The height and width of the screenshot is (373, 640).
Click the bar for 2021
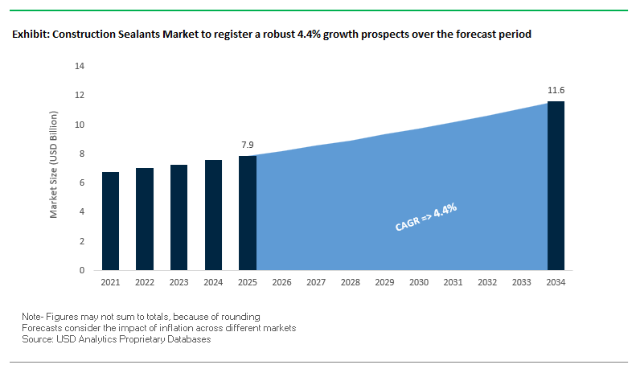110,221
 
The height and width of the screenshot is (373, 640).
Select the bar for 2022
145,219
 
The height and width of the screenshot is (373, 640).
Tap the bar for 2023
179,217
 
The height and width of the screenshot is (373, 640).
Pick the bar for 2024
213,215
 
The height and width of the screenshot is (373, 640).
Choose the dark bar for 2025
248,213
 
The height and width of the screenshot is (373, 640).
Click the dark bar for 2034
556,186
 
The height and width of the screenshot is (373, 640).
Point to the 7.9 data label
248,145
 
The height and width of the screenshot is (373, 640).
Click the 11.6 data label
556,90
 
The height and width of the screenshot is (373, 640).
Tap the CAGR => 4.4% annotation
426,218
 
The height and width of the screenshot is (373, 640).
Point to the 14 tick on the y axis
80,66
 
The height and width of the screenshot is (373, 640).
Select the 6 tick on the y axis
82,182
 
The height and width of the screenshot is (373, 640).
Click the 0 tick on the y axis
82,270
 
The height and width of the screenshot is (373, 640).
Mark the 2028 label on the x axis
351,283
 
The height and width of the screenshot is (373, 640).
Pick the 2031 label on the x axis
453,283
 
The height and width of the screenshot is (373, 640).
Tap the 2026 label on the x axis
282,283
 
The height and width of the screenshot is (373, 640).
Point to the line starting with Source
117,340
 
